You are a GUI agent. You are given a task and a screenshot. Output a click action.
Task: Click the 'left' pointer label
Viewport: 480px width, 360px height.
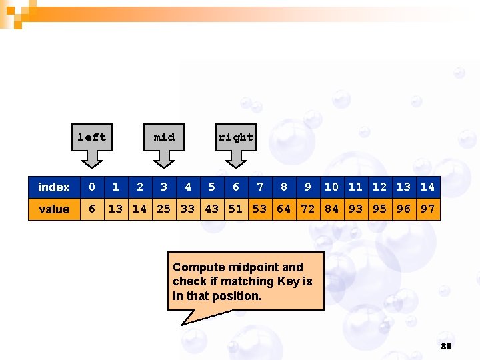92,137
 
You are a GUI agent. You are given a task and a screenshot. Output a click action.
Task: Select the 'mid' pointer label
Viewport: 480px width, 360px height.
164,137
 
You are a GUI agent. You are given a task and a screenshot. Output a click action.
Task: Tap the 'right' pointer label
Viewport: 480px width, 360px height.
236,137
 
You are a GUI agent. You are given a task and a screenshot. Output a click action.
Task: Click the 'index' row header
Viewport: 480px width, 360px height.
54,187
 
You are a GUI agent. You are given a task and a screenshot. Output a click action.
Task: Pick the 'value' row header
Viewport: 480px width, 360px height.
54,209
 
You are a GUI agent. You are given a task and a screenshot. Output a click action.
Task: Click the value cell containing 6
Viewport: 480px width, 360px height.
92,209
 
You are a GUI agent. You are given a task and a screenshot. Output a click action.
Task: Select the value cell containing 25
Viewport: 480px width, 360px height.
164,209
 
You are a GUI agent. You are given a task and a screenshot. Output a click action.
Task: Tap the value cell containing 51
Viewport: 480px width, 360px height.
236,209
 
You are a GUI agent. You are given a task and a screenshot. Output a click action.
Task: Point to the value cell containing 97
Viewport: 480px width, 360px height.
428,209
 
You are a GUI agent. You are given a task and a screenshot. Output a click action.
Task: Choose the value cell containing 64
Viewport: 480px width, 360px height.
284,209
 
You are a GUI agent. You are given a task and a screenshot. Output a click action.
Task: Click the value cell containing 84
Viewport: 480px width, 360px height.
332,209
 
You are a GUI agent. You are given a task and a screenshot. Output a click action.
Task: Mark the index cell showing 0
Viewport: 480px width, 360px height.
92,187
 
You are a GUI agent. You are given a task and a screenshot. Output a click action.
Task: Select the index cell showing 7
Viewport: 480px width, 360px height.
260,187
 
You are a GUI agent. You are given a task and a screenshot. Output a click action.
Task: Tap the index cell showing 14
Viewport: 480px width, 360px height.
428,187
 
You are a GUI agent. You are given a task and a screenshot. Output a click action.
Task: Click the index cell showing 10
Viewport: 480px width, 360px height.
332,187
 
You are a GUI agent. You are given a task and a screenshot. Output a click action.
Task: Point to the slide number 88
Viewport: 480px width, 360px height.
446,347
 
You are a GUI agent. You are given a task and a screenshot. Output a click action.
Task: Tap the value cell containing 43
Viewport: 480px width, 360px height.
212,209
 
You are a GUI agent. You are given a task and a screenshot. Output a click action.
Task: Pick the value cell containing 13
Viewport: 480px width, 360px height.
116,209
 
